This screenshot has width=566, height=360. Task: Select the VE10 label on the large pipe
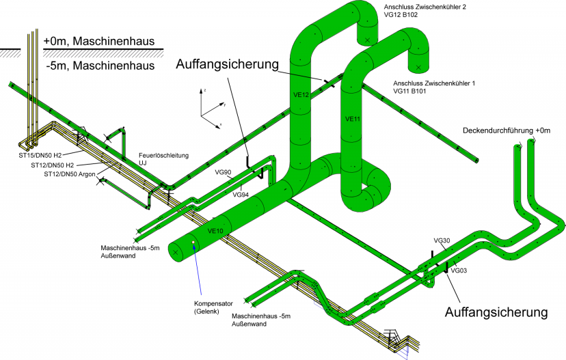(x=215, y=230)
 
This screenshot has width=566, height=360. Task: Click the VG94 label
(x=240, y=195)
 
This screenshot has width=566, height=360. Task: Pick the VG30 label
(x=442, y=240)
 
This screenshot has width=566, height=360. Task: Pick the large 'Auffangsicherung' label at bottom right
(x=496, y=313)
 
